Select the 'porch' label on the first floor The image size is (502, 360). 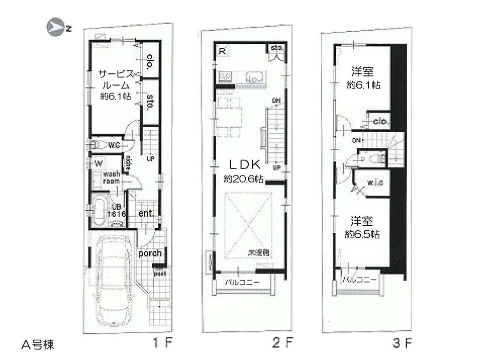coord(150,253)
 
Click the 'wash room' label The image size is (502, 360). coord(111,177)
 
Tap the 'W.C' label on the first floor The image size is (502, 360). coord(114,146)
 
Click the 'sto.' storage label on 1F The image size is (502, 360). coord(150,102)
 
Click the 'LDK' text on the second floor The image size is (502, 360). coord(244,164)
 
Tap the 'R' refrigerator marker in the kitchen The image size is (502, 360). coord(222,50)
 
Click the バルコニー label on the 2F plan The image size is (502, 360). coord(242,283)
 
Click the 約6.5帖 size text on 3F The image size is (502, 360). coord(363,234)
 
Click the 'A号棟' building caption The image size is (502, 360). coord(38,345)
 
